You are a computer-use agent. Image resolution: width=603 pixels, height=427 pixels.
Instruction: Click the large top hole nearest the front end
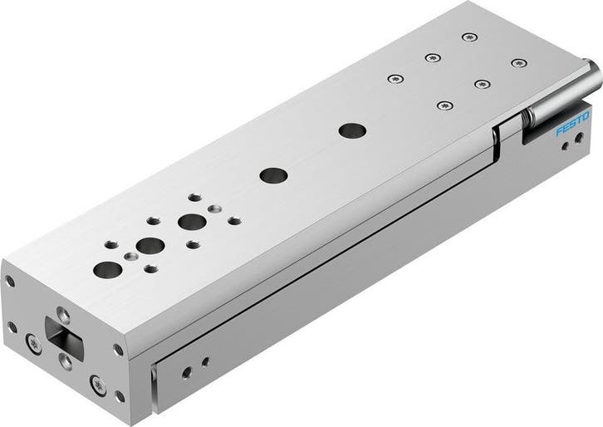(107, 269)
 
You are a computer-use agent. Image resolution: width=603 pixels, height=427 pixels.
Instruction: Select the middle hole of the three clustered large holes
(150, 245)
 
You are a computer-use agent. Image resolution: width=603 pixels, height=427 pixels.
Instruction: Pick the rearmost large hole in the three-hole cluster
(192, 222)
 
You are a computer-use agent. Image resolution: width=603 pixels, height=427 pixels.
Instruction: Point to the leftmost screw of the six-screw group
(393, 79)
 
